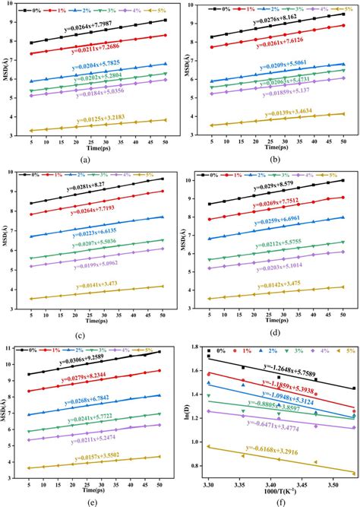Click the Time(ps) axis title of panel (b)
point(275,144)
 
